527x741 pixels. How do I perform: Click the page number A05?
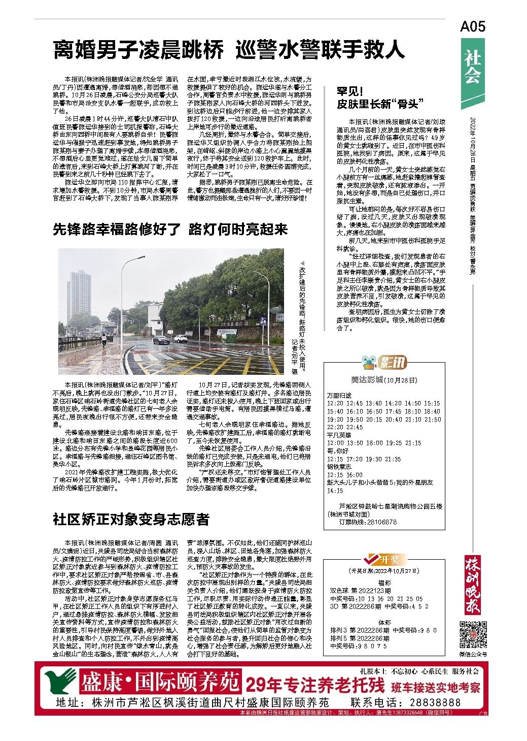(472, 26)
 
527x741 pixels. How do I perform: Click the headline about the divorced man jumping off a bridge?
(229, 50)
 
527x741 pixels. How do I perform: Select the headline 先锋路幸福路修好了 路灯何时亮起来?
(170, 230)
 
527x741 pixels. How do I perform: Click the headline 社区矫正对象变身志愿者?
(131, 520)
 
